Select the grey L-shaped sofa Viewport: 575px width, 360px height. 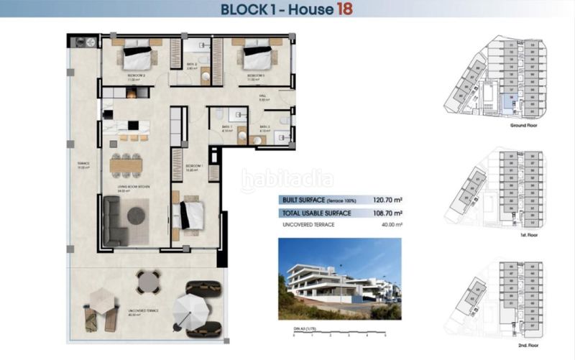(114, 221)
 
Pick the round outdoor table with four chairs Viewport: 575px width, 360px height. (149, 282)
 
